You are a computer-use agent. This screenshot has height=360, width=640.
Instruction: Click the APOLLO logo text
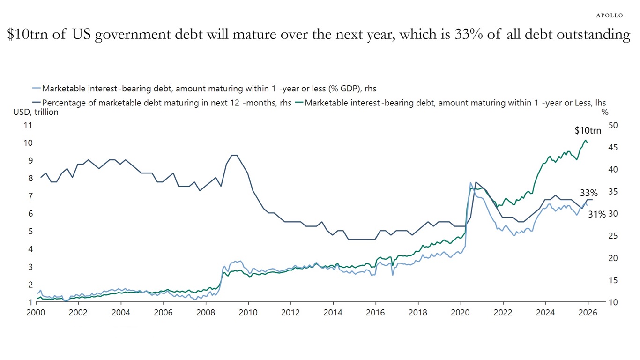coord(609,15)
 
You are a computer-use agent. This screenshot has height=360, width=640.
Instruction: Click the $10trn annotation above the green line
coord(588,131)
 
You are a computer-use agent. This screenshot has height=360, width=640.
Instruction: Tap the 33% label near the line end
coord(588,193)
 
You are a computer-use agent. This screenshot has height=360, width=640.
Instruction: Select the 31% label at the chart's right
coord(597,214)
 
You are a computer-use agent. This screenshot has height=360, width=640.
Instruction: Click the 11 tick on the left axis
coord(28,125)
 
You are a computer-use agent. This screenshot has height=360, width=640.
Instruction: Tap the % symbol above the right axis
coord(605,112)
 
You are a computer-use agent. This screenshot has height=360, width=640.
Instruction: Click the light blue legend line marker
coord(36,88)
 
